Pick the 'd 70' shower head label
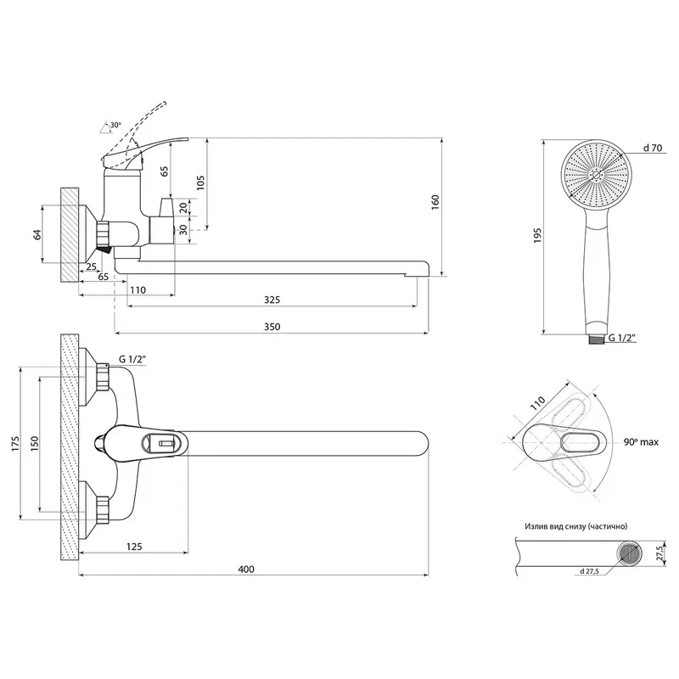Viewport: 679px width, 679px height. click(653, 148)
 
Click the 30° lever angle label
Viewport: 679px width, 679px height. click(115, 126)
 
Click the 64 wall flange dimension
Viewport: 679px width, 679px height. click(38, 234)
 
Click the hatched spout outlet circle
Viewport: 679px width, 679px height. click(628, 554)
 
